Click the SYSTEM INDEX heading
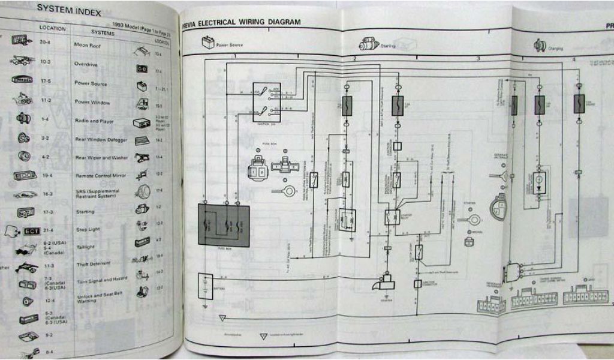pyautogui.click(x=68, y=10)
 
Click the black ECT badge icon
pyautogui.click(x=31, y=231)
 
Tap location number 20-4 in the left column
pyautogui.click(x=45, y=42)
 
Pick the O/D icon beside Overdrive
pyautogui.click(x=143, y=70)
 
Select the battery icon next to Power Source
pyautogui.click(x=207, y=43)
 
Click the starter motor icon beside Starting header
pyautogui.click(x=367, y=44)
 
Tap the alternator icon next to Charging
pyautogui.click(x=539, y=46)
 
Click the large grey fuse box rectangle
pyautogui.click(x=224, y=224)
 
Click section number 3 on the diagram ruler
pyautogui.click(x=478, y=58)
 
